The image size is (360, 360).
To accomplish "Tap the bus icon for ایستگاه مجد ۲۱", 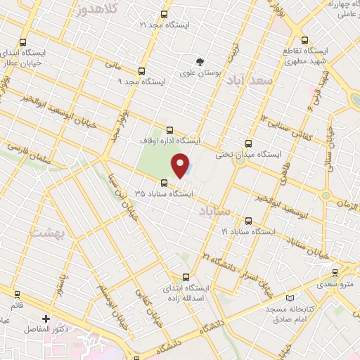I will (165, 14).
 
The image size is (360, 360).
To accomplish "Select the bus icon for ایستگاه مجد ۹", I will (142, 71).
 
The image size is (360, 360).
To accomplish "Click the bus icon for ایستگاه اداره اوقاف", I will (169, 129).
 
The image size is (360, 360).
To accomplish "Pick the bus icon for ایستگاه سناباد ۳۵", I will (164, 183).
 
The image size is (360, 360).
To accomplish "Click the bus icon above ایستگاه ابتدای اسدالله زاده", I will (186, 277).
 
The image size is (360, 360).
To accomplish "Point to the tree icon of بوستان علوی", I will (200, 61).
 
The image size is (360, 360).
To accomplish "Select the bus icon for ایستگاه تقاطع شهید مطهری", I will (304, 40).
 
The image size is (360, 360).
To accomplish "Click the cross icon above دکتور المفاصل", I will (47, 319).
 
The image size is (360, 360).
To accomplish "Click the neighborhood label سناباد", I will (214, 211).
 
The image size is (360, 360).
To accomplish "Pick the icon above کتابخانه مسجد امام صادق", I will (269, 298).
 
